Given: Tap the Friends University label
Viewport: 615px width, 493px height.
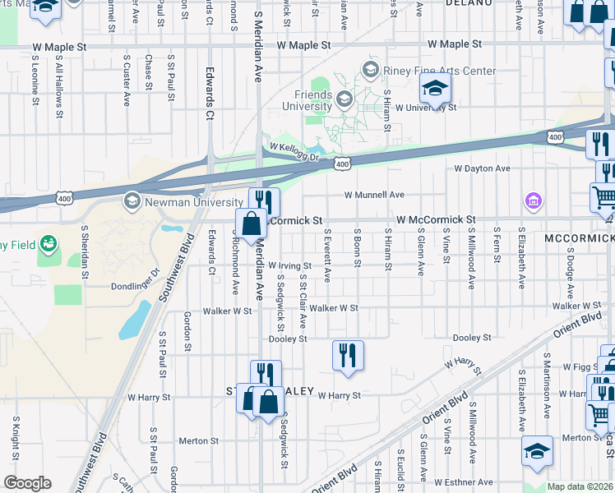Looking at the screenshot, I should (x=306, y=99).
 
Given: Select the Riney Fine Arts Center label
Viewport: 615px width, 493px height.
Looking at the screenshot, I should (x=439, y=71).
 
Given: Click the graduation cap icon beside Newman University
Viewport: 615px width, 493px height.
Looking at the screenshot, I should (x=132, y=201).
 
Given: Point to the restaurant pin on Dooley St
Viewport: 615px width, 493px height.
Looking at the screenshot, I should (x=348, y=356).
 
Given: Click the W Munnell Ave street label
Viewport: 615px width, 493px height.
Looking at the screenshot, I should (x=374, y=195).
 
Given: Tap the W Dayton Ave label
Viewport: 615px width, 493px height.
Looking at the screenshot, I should (x=482, y=168).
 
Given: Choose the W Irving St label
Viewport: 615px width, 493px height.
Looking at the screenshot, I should (x=289, y=265).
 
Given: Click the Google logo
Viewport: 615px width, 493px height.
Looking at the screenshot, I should (x=27, y=483).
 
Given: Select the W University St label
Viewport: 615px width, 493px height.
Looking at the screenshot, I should (x=425, y=108).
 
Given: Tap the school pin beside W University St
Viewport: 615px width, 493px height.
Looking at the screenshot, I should (x=436, y=88).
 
